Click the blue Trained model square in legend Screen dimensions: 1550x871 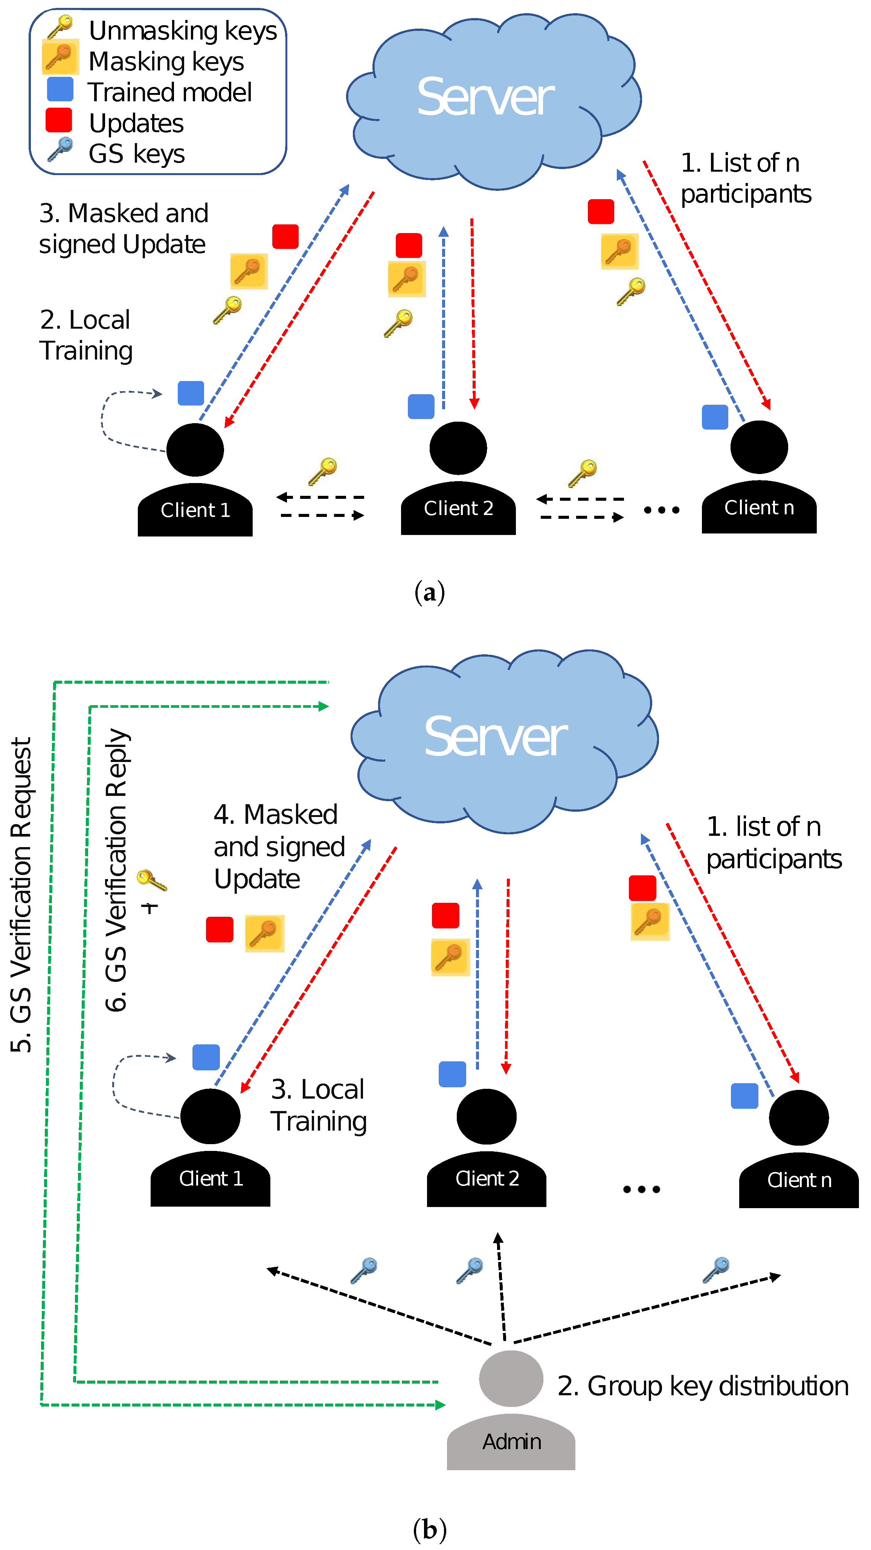click(60, 89)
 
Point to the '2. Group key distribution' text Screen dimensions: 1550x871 click(702, 1386)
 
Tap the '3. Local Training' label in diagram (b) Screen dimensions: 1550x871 click(318, 1105)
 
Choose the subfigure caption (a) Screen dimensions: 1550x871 click(429, 593)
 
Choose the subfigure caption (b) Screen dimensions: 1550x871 click(429, 1528)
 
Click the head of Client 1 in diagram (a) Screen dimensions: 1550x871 click(195, 450)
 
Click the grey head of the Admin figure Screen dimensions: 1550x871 click(511, 1379)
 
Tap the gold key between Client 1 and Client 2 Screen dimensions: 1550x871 click(323, 471)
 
